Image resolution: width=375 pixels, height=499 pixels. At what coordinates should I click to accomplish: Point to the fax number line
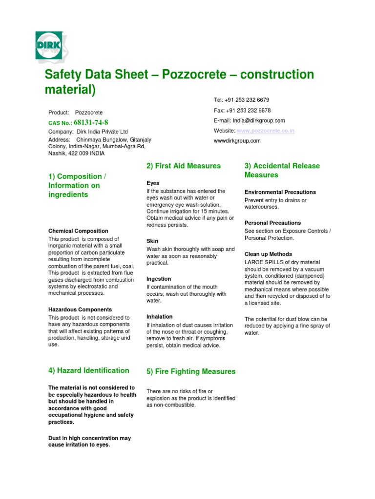[242, 111]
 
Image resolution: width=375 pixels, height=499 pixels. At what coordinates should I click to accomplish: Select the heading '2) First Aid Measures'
[184, 166]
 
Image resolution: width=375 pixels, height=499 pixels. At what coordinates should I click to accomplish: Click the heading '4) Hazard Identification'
[88, 370]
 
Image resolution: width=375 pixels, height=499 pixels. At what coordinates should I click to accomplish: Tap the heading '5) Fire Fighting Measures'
[191, 371]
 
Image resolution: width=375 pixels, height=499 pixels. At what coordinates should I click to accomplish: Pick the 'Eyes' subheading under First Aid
[153, 183]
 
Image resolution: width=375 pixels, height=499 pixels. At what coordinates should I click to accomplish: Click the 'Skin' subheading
[152, 241]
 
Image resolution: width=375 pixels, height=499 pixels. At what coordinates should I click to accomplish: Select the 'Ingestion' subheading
[159, 279]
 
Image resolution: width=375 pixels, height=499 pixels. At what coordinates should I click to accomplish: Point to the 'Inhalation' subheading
[159, 317]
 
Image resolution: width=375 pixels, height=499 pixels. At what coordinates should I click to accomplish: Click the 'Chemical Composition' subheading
[78, 231]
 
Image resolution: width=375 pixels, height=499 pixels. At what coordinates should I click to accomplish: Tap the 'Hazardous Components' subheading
[80, 309]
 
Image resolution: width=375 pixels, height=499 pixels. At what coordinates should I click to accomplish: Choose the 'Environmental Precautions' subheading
[280, 192]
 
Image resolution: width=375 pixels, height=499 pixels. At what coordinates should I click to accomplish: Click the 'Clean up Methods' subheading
[268, 254]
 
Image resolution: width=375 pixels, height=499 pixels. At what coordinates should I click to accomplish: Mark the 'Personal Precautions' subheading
[273, 223]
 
